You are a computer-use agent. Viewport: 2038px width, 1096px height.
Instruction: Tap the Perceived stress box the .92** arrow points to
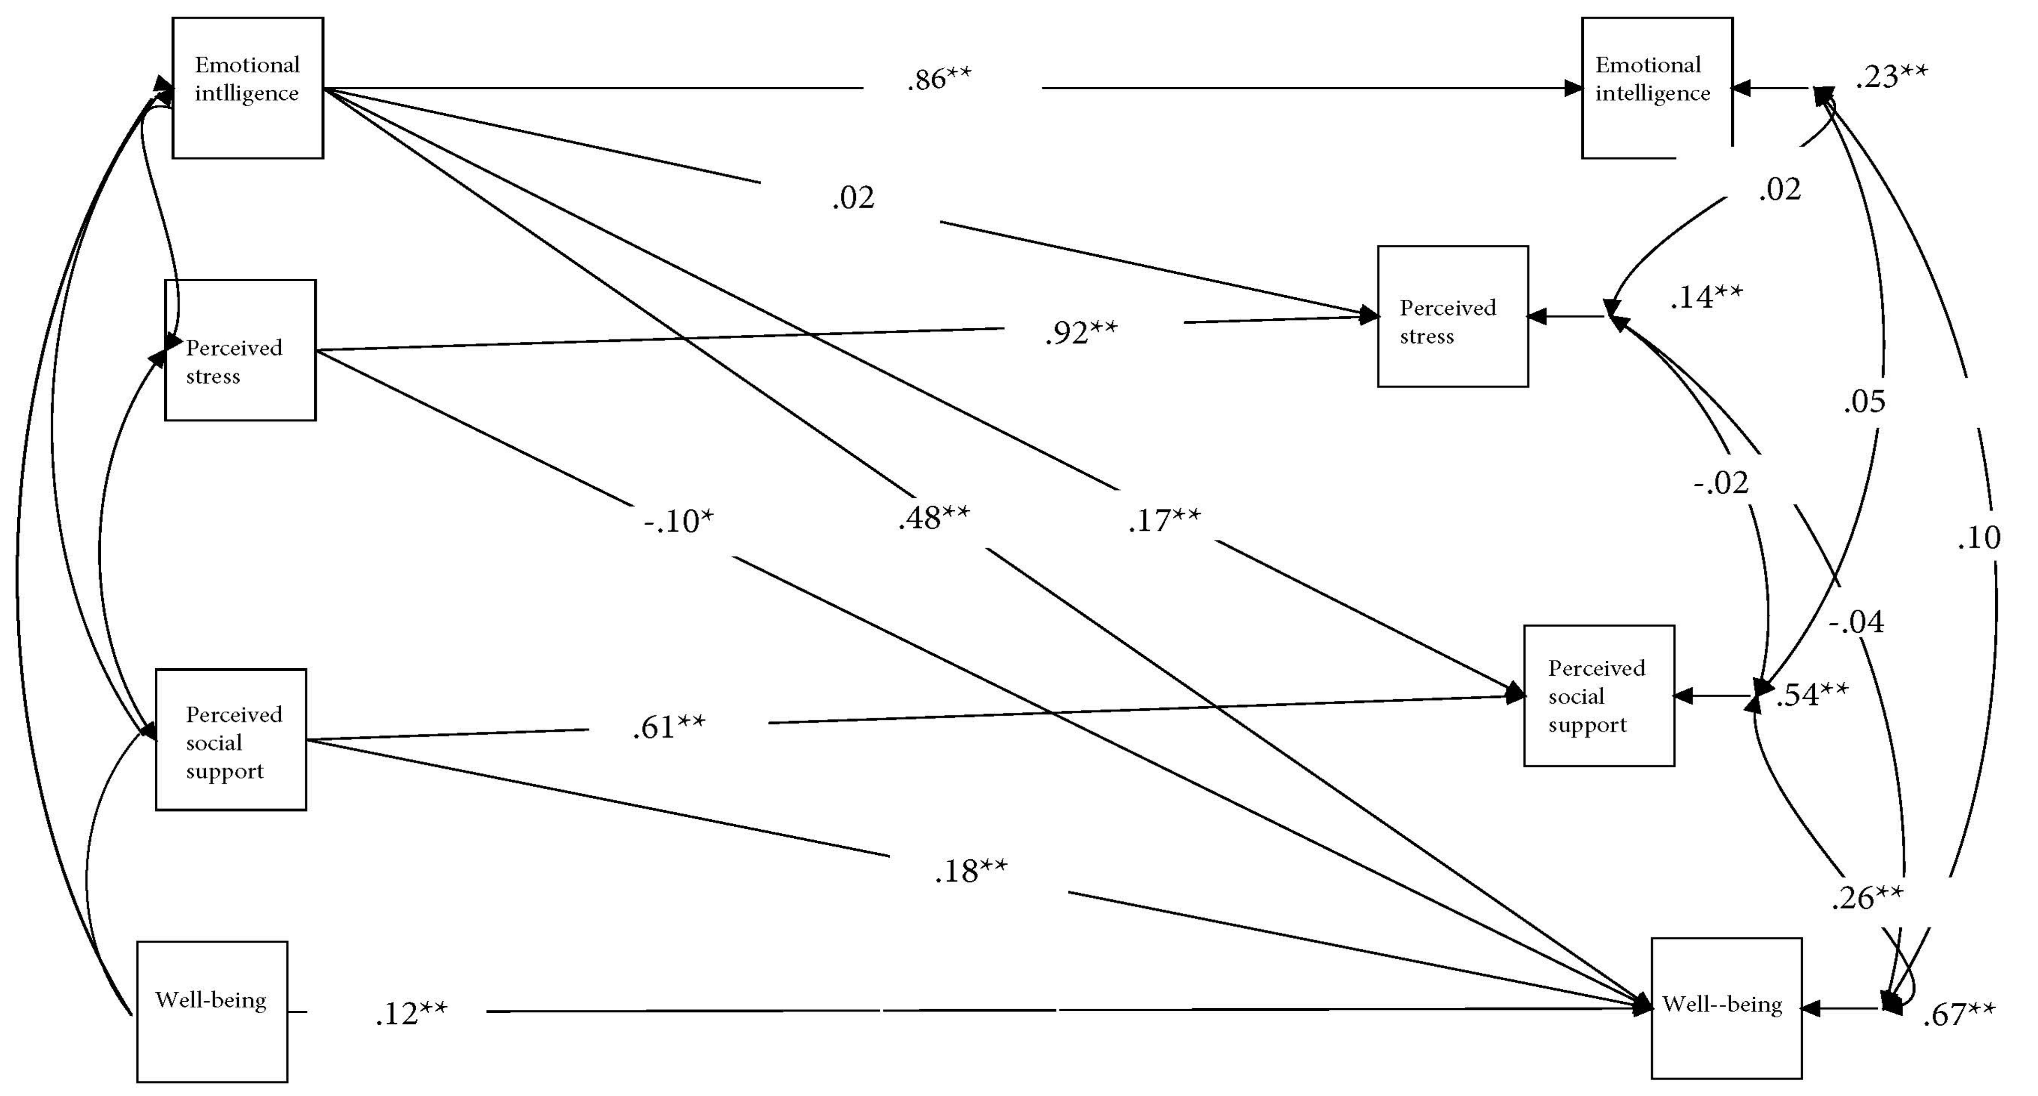(1453, 317)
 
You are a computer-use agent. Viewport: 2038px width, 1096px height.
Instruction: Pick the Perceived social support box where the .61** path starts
(231, 740)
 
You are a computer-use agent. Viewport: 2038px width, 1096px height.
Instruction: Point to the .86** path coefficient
(939, 79)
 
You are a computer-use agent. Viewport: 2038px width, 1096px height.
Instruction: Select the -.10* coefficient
(678, 521)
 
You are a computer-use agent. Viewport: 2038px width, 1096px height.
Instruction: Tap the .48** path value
(933, 518)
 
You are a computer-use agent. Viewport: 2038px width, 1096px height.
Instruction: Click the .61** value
(669, 726)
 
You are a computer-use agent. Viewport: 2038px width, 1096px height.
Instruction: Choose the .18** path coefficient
(971, 870)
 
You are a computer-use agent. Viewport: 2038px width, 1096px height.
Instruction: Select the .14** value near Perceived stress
(1706, 297)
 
